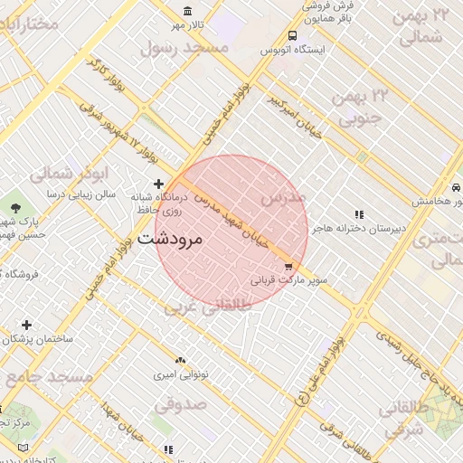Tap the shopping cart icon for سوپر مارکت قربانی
[288, 267]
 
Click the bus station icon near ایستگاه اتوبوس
[292, 36]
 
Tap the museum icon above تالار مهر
[187, 11]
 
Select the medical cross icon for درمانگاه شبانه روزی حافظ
[158, 184]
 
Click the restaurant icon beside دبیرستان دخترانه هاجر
[359, 215]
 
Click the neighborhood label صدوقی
[181, 403]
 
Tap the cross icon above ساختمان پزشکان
[26, 325]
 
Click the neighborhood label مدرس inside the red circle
[283, 196]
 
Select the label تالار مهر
[191, 24]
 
